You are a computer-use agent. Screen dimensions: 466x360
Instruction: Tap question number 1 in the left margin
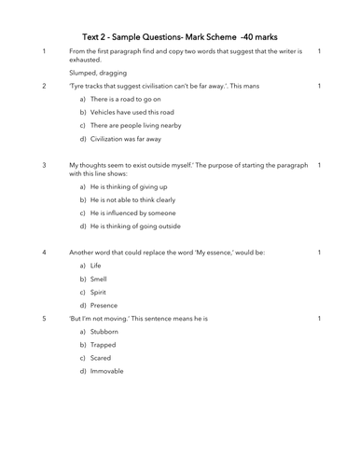coord(44,51)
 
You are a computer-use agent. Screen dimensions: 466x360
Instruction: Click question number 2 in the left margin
coord(44,86)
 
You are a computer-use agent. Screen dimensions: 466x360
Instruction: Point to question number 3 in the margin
coord(44,165)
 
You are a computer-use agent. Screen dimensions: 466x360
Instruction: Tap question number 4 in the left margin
coord(44,252)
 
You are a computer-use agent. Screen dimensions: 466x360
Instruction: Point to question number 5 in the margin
coord(44,319)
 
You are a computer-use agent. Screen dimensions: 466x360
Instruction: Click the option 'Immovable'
coord(107,371)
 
